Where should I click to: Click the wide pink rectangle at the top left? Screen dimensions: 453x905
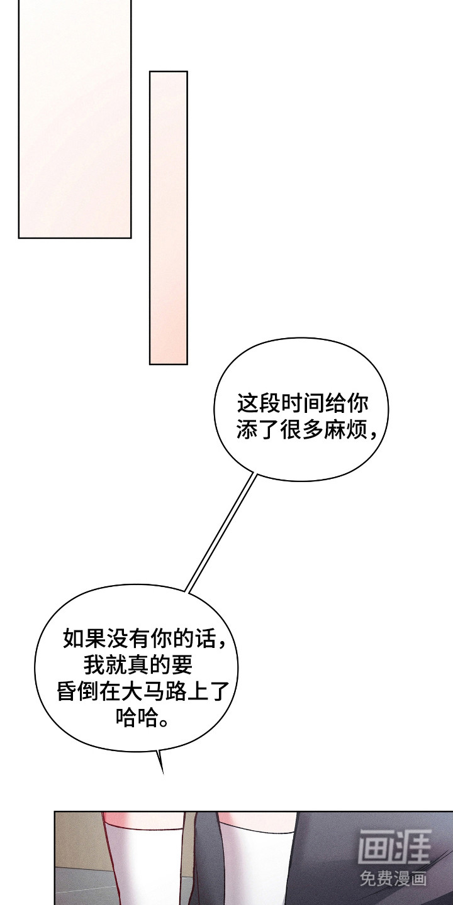click(75, 119)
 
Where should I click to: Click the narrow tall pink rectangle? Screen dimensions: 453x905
click(168, 217)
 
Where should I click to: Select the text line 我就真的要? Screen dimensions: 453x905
click(138, 666)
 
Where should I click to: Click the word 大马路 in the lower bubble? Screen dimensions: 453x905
click(154, 693)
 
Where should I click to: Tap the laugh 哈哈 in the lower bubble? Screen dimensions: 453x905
click(137, 719)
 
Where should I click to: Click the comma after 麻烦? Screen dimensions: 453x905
click(373, 436)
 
